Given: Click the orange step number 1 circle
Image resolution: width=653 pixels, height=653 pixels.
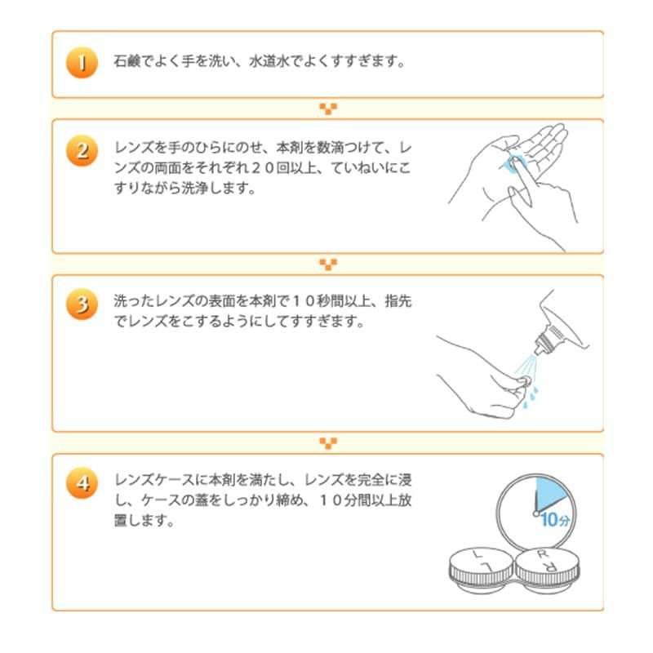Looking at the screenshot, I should [x=82, y=64].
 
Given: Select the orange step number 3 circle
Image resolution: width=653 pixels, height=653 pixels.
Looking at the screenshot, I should [x=82, y=304].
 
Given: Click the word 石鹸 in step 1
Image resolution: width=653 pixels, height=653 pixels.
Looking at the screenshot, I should [x=127, y=62].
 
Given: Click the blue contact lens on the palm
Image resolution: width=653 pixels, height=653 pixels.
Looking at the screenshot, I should [x=514, y=162].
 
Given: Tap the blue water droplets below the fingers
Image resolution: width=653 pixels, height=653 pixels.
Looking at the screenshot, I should [x=529, y=395].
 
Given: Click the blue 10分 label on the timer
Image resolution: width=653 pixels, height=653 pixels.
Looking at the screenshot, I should [x=554, y=519].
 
